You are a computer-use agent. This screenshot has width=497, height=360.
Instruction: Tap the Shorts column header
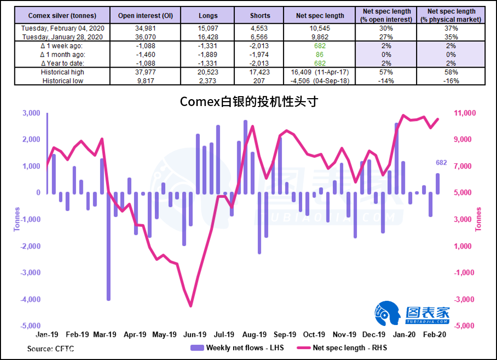(x=260, y=15)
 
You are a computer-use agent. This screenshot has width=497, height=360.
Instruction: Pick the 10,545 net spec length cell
(x=320, y=28)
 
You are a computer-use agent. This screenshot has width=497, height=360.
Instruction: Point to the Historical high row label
(x=63, y=72)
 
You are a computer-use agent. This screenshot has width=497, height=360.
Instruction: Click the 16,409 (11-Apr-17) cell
(x=320, y=72)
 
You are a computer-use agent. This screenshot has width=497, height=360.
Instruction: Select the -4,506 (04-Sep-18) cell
(x=320, y=80)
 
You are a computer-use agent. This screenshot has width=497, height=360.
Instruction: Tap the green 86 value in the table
(x=320, y=54)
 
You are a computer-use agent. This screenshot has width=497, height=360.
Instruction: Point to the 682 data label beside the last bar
(x=441, y=163)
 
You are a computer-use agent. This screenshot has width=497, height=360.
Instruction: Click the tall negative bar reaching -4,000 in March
(x=108, y=247)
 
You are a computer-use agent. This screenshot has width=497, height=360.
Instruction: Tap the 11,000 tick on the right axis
(x=464, y=113)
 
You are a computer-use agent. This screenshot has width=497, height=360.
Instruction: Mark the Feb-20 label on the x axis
(x=436, y=334)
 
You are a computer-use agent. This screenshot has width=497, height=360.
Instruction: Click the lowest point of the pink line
(x=191, y=306)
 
